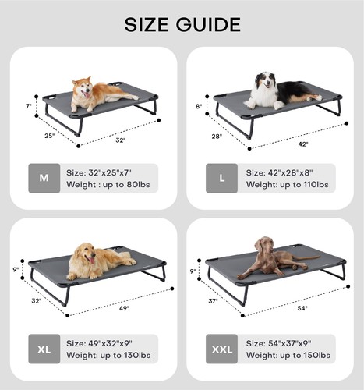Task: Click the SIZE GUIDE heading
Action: click(182, 24)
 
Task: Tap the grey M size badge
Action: click(44, 178)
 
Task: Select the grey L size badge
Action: click(222, 178)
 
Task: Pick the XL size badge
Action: click(44, 349)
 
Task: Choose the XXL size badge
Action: click(222, 349)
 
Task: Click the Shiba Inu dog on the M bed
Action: click(97, 94)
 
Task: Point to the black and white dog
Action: click(277, 90)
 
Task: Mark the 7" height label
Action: click(28, 105)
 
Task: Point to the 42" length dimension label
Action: click(303, 144)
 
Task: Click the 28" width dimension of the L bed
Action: click(216, 136)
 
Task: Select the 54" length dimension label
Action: click(302, 309)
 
